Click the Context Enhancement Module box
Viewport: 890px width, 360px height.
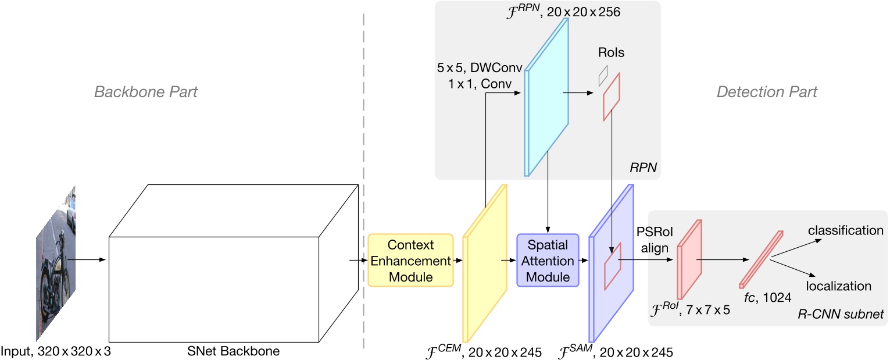pyautogui.click(x=410, y=260)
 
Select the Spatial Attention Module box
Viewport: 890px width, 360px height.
pyautogui.click(x=548, y=260)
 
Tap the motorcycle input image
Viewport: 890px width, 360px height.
pyautogui.click(x=56, y=262)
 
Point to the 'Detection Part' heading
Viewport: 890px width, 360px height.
pyautogui.click(x=766, y=92)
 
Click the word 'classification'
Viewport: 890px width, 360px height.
pyautogui.click(x=845, y=231)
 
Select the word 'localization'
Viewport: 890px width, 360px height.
pyautogui.click(x=838, y=286)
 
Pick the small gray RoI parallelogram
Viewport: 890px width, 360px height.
pyautogui.click(x=603, y=73)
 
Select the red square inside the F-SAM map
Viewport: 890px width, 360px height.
pyautogui.click(x=612, y=269)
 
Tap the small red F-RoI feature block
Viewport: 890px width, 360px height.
pyautogui.click(x=689, y=259)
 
